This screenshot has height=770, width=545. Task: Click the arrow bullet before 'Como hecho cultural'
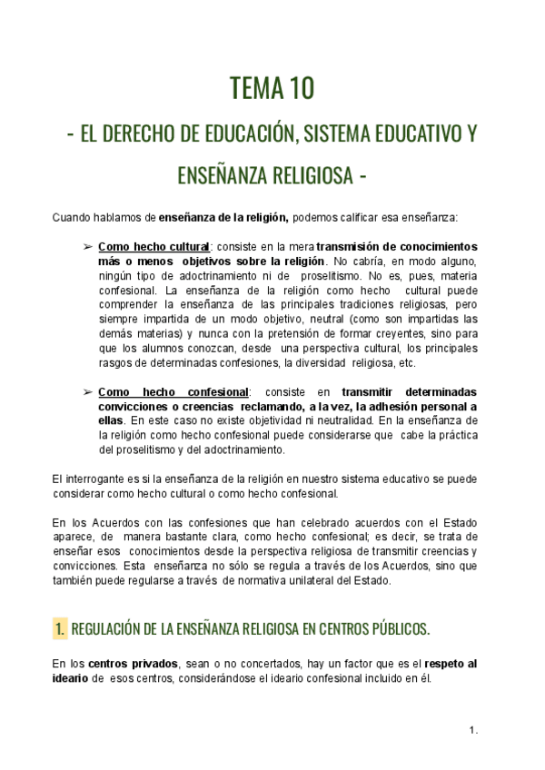[87, 247]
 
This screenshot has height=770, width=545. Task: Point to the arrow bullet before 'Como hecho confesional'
[87, 391]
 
